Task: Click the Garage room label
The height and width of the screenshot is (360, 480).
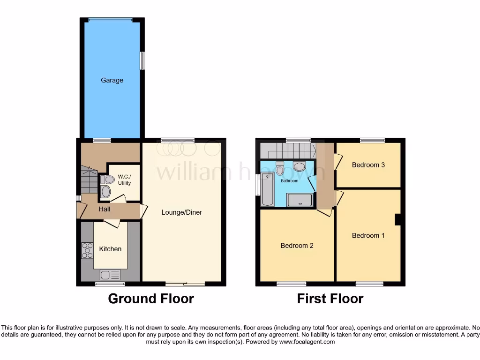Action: (x=112, y=80)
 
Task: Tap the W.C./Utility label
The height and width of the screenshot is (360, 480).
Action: (x=124, y=180)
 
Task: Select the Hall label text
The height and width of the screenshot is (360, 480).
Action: (x=105, y=209)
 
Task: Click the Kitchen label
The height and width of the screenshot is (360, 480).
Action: (x=110, y=249)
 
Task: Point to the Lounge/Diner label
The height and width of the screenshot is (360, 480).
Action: (x=181, y=212)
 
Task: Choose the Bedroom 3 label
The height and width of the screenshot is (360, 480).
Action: (x=368, y=165)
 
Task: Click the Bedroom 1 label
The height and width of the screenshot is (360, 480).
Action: (x=368, y=235)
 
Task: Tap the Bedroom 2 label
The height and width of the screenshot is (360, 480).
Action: (x=297, y=246)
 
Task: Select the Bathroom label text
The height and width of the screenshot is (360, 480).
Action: (x=289, y=180)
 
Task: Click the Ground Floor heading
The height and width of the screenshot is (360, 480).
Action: (x=151, y=299)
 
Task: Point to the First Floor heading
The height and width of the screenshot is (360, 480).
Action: (x=330, y=299)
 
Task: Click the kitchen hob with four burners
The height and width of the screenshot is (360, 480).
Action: (x=87, y=250)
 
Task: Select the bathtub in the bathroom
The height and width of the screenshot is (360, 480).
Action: (x=267, y=189)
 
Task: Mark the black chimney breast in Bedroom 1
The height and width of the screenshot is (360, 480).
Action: (x=397, y=219)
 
